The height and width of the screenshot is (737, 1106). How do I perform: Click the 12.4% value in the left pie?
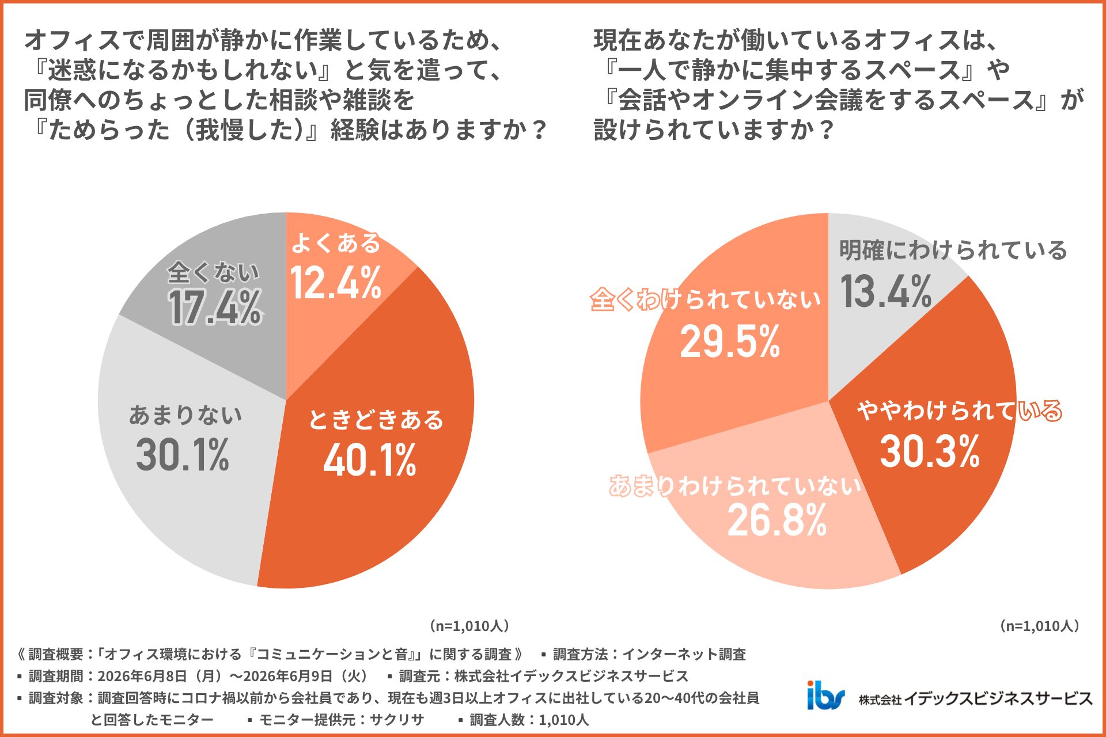(336, 283)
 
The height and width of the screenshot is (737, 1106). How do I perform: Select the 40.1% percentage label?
(370, 461)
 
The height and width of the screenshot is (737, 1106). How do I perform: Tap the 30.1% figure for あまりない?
(183, 455)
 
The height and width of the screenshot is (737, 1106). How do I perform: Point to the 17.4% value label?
(215, 307)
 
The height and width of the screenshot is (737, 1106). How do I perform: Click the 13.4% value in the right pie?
(886, 291)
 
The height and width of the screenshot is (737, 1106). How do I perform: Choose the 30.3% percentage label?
(930, 451)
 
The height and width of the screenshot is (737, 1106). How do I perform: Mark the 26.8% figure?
(777, 520)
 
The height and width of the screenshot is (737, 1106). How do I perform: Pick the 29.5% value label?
(730, 341)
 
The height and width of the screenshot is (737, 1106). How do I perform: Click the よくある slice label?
(336, 243)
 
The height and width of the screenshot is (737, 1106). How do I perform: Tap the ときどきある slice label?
(376, 420)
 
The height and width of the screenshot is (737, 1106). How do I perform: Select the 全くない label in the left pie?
(214, 272)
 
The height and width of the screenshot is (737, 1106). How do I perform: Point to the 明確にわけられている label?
(953, 250)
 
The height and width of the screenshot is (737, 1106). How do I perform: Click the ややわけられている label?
(960, 411)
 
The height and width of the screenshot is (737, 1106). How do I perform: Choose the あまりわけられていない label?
(736, 486)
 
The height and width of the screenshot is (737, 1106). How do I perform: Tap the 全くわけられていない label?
(706, 299)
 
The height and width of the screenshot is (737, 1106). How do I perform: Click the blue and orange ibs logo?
(826, 695)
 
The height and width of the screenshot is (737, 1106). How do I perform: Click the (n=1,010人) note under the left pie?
(469, 626)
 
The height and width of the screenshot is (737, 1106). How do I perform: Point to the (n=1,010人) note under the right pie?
(1039, 626)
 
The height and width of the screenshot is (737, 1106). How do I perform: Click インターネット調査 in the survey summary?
(684, 654)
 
